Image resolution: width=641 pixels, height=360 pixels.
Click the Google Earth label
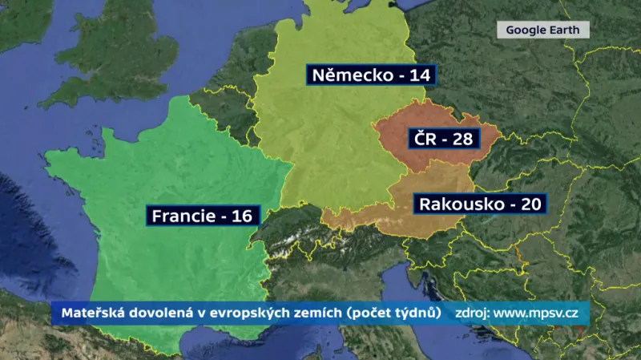pyautogui.click(x=543, y=30)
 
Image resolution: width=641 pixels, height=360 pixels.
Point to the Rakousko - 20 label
pyautogui.click(x=479, y=204)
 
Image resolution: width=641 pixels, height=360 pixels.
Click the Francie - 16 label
pyautogui.click(x=202, y=216)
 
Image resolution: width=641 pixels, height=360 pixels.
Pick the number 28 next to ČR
pyautogui.click(x=462, y=139)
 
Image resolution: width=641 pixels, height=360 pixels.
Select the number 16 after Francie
pyautogui.click(x=241, y=216)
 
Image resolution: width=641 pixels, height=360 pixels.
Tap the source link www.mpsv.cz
pyautogui.click(x=536, y=313)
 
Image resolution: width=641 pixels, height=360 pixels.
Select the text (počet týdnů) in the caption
pyautogui.click(x=396, y=313)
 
